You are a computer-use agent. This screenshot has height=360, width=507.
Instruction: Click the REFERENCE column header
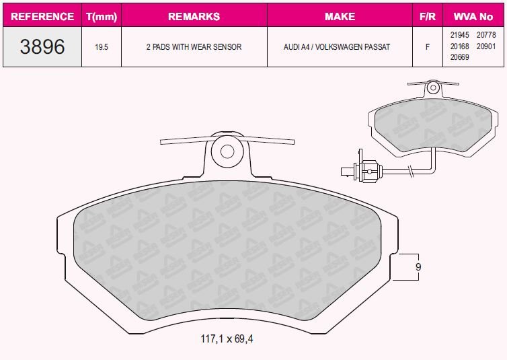pos(42,16)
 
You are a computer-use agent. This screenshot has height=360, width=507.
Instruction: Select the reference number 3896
pos(42,46)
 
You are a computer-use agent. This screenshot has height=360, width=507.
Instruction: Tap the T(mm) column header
pos(102,17)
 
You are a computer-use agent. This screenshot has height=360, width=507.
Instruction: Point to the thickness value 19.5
pos(102,47)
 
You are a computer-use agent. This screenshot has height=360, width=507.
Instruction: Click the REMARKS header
pos(194,16)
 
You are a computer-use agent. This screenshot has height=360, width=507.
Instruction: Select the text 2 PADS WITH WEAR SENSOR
pos(194,47)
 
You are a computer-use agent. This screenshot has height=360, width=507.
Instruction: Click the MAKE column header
pos(340,16)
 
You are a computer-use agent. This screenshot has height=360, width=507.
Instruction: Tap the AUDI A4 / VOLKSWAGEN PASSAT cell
pos(337,47)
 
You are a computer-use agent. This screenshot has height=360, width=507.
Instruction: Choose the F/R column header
pos(428,16)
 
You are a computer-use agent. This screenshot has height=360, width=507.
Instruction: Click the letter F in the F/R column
pos(428,47)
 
